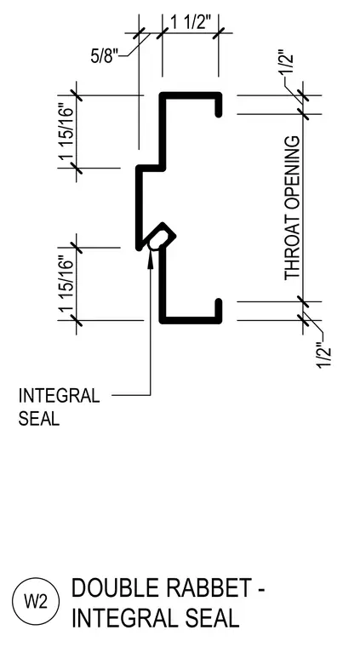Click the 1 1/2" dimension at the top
click(187, 22)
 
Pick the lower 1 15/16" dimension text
click(66, 284)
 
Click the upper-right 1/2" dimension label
click(288, 62)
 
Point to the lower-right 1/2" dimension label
click(325, 355)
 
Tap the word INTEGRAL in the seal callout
click(59, 396)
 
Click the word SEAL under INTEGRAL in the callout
click(39, 418)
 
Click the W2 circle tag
click(36, 602)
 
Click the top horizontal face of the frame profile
click(191, 95)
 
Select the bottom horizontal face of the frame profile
click(191, 320)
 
